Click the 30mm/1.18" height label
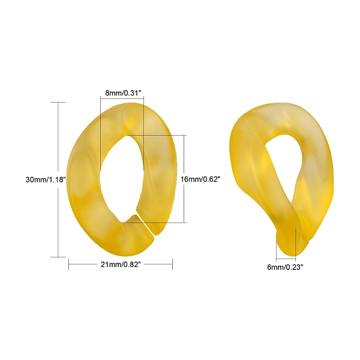(46, 179)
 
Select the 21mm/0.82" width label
(121, 265)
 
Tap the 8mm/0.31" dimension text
(123, 93)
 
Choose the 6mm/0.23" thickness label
(285, 267)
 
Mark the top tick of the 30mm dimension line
(58, 102)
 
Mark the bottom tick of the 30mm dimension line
(58, 257)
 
